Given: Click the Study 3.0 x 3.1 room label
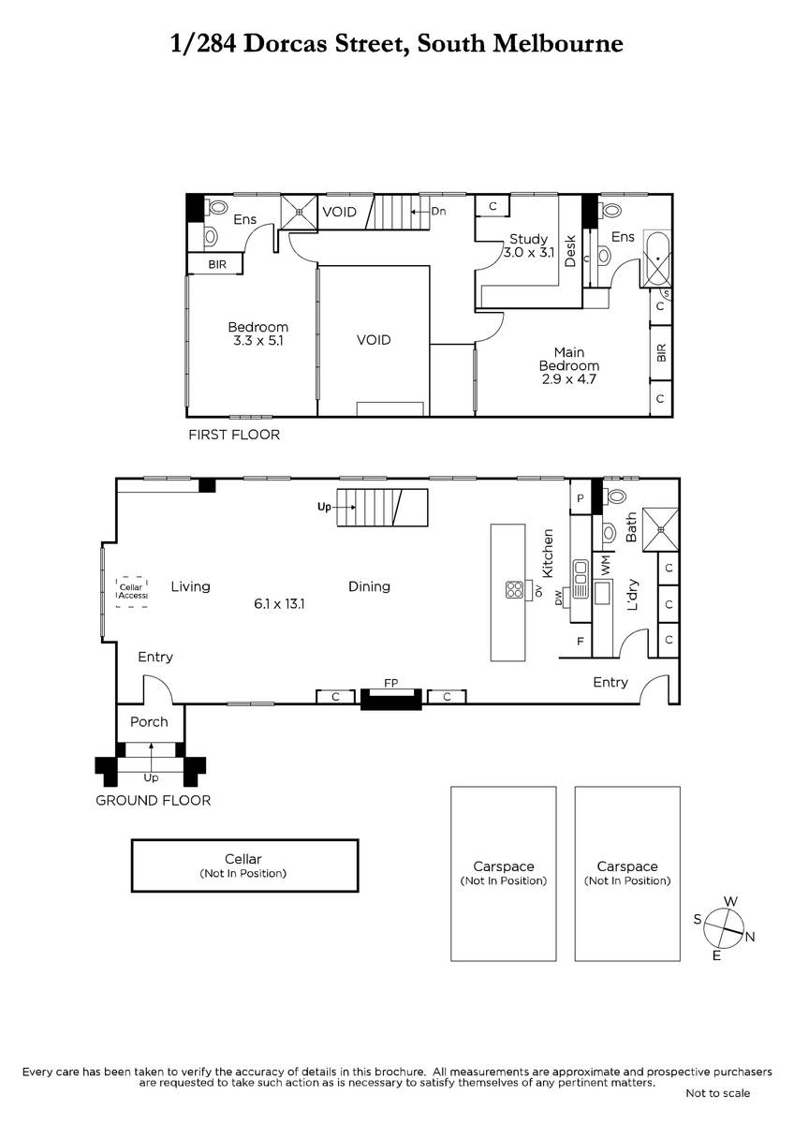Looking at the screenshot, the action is point(528,245).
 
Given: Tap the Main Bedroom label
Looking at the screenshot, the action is point(568,359).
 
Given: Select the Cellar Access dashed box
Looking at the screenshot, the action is point(132,592).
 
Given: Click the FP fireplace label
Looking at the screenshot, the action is point(391,683).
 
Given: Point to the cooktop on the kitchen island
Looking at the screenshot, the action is point(515,590).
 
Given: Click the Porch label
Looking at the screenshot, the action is point(149,721).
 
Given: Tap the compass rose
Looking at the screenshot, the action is point(723,929).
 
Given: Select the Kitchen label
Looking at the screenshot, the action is point(547,553).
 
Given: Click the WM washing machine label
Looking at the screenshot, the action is point(606,565).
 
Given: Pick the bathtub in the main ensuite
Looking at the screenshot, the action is point(657,259).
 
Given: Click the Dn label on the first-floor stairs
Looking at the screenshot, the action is point(438,212).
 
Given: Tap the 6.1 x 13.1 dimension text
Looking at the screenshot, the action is point(279,603).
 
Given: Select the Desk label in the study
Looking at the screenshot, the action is point(570,251).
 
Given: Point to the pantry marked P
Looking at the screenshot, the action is point(581,498).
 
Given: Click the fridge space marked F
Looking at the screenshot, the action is point(581,641).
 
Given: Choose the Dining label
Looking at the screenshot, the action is point(369,586).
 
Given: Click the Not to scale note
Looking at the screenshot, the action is point(718,1093).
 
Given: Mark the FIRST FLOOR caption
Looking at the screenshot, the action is point(234,435).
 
